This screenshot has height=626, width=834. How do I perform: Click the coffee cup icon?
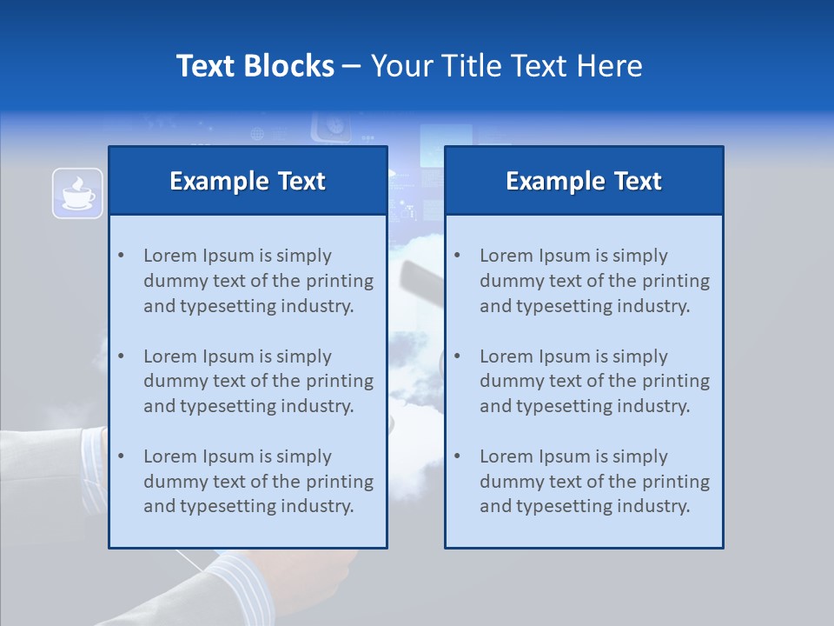pyautogui.click(x=77, y=192)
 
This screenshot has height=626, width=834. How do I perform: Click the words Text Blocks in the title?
pyautogui.click(x=255, y=66)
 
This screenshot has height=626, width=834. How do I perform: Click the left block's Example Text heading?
pyautogui.click(x=248, y=181)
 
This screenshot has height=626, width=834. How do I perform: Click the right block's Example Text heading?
pyautogui.click(x=584, y=181)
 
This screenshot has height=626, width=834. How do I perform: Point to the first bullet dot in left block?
pyautogui.click(x=121, y=256)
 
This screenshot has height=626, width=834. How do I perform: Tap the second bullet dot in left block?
pyautogui.click(x=121, y=356)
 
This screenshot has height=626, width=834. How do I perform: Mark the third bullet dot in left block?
pyautogui.click(x=121, y=456)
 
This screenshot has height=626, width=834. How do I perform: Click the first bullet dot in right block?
pyautogui.click(x=457, y=256)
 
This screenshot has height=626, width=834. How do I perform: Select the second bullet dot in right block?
pyautogui.click(x=457, y=356)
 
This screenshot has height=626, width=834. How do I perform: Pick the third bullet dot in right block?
pyautogui.click(x=457, y=456)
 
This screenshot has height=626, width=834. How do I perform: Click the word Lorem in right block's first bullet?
pyautogui.click(x=503, y=256)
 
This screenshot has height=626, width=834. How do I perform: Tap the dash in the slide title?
pyautogui.click(x=352, y=66)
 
